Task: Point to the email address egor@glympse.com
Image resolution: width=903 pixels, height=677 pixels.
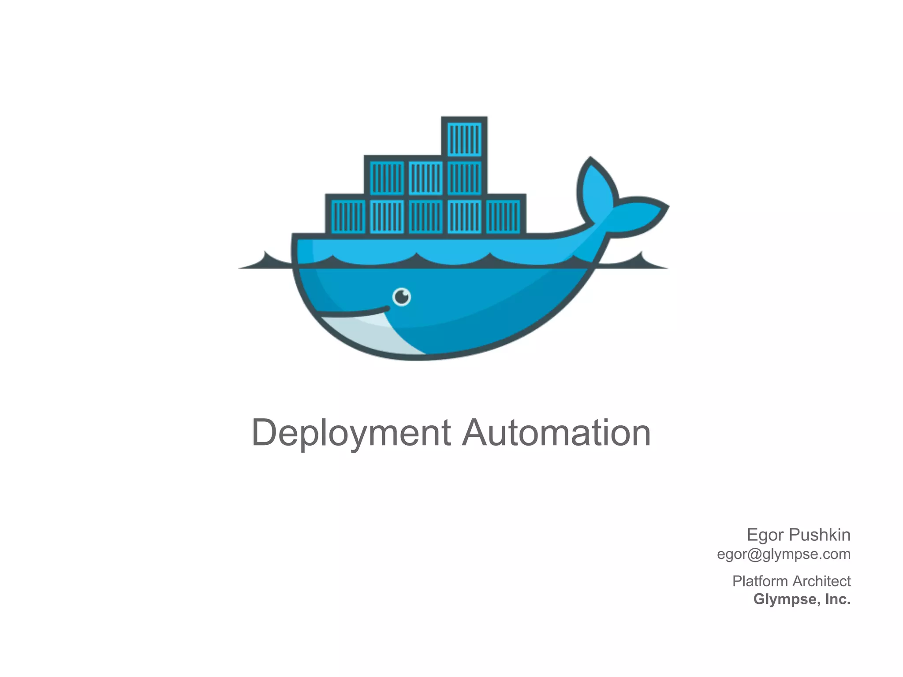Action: [x=784, y=554]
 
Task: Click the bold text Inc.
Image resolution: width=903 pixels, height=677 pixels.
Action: [x=837, y=599]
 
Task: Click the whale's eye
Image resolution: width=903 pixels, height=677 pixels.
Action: [x=402, y=297]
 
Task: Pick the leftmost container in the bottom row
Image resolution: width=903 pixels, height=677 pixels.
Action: [x=347, y=216]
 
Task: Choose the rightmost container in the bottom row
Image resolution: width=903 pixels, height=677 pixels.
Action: [x=503, y=216]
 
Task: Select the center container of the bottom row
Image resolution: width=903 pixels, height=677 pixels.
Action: [x=425, y=216]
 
